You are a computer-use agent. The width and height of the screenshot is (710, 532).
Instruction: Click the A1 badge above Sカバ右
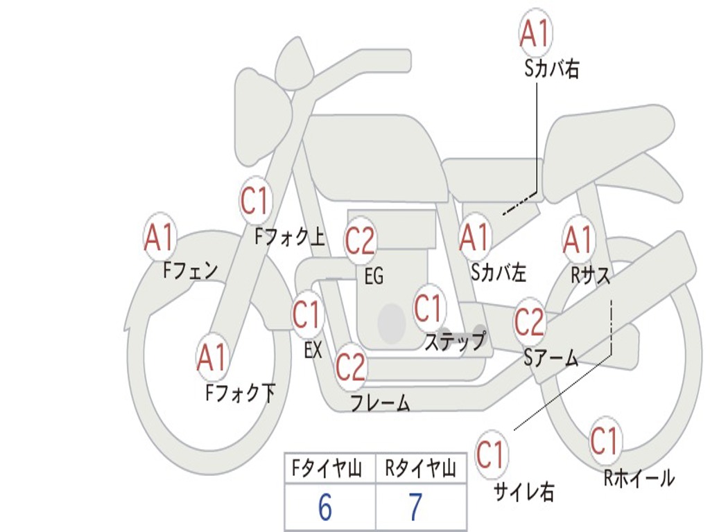[536, 33]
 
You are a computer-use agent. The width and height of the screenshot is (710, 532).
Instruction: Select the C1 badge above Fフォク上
[254, 200]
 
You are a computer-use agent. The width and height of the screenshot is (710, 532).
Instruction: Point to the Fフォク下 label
[241, 393]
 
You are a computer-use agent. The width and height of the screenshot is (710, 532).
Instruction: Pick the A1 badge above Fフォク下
[211, 357]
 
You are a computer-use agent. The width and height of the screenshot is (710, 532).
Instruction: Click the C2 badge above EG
[360, 240]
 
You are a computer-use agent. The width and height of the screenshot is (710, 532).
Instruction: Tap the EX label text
[313, 350]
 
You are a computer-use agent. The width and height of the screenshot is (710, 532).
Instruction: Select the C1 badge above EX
[307, 314]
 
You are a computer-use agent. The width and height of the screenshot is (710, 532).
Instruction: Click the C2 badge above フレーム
[350, 366]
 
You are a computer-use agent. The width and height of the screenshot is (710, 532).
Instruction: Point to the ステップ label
[456, 341]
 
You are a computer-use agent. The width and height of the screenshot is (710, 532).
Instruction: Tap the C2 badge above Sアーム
[529, 321]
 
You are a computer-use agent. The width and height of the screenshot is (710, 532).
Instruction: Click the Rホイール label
[639, 478]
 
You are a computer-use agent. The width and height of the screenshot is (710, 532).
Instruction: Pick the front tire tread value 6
[325, 507]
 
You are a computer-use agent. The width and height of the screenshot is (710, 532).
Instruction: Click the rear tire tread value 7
[416, 507]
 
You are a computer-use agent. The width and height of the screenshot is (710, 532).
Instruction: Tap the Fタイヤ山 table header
[327, 469]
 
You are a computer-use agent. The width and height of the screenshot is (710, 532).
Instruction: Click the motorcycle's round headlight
[263, 119]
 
